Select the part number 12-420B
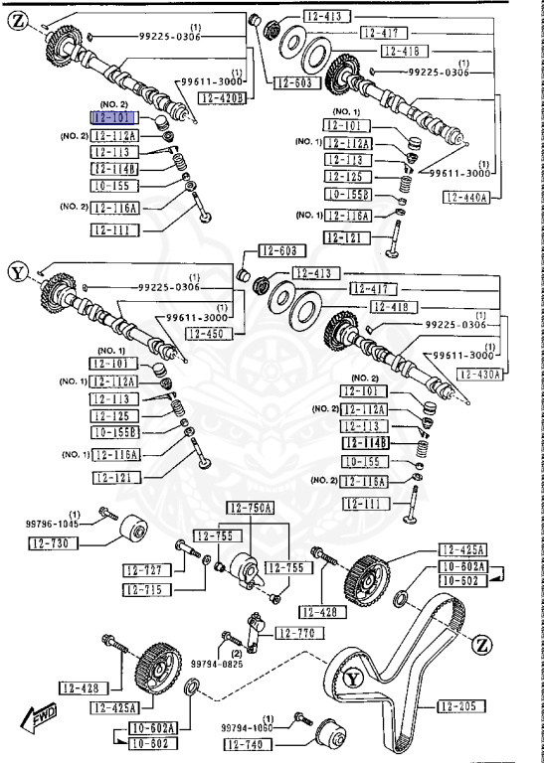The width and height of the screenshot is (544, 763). tap(221, 97)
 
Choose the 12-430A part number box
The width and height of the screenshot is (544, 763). tap(480, 374)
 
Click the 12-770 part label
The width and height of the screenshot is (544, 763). tap(294, 633)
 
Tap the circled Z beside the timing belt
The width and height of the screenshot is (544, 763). tap(482, 645)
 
